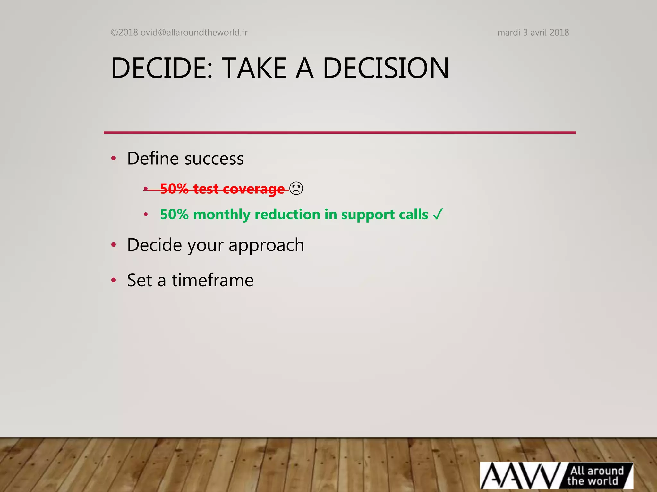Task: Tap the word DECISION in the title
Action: coord(386,68)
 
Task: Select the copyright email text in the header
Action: coord(179,32)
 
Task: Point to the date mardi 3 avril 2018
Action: coord(533,32)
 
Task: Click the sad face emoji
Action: coord(296,188)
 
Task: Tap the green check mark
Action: coord(438,214)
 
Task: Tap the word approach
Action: coord(266,245)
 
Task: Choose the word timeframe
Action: coord(213,280)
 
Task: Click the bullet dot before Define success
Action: coord(113,158)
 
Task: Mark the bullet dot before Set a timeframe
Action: coord(113,280)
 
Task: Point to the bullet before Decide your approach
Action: coord(113,245)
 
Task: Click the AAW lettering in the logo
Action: coord(520,476)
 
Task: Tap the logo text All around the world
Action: coord(595,476)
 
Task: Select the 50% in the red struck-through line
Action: coord(174,189)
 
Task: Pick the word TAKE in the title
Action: coord(254,68)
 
